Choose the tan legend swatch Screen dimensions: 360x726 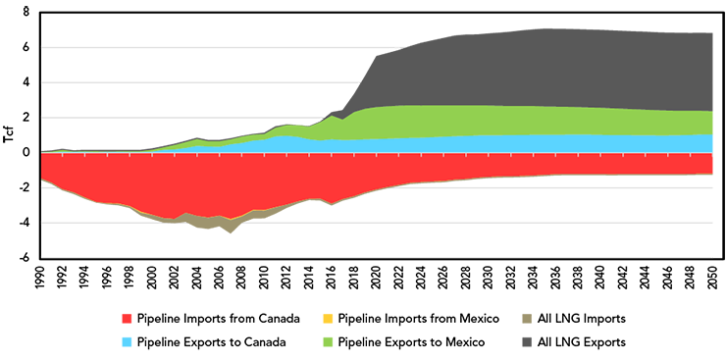click(x=524, y=316)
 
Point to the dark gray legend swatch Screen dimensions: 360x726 click(x=520, y=340)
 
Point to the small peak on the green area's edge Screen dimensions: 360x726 click(x=338, y=119)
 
